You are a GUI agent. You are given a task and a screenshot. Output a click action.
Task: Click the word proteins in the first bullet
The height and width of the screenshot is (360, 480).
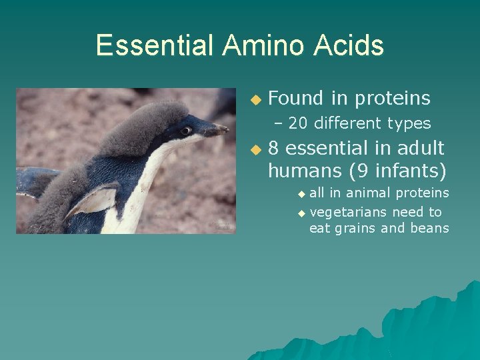point(393,99)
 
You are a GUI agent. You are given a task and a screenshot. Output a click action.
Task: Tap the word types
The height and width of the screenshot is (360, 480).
point(409,123)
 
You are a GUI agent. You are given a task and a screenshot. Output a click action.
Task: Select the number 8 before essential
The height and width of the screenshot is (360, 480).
point(273,148)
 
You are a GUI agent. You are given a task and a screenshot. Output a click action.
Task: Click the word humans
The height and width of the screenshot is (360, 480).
point(305,171)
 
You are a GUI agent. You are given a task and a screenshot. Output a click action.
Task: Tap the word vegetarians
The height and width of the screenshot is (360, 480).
point(348,212)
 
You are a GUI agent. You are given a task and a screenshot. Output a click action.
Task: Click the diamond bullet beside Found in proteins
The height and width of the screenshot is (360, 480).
point(254,99)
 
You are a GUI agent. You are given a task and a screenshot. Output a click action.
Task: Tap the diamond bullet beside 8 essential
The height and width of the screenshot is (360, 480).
point(254,149)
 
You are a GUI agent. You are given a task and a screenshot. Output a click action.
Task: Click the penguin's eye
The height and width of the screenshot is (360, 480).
point(186,129)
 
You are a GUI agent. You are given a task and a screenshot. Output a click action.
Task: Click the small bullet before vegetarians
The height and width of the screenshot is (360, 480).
point(301,213)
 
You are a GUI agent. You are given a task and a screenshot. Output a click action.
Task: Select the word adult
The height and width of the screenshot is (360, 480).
point(420,148)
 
